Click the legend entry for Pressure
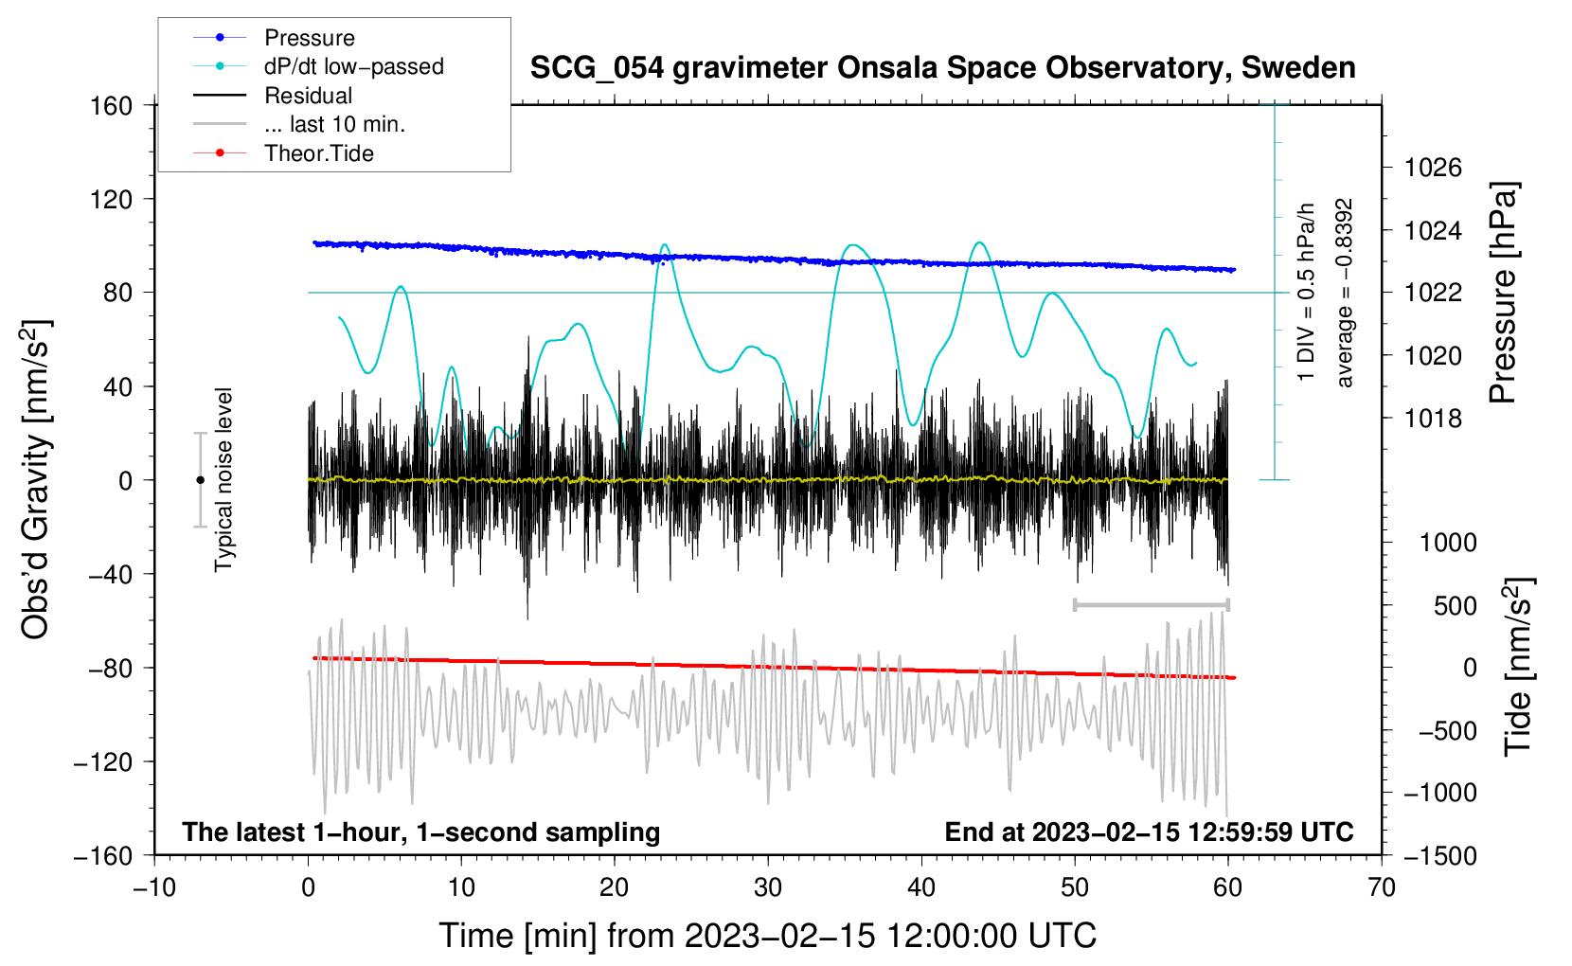coord(275,37)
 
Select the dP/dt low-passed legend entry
coord(318,66)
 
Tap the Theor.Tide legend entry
coord(283,153)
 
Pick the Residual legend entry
coord(273,96)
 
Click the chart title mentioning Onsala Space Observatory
coord(942,68)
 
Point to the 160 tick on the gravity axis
coord(112,106)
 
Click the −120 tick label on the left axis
coord(103,761)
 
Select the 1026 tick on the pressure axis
coord(1433,168)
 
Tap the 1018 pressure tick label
coord(1433,419)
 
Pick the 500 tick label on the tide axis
coord(1455,606)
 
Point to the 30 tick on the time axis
coord(768,887)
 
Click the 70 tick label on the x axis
coord(1381,887)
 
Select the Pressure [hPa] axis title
coord(1503,293)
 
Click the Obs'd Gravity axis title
coord(35,479)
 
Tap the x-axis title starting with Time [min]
coord(768,936)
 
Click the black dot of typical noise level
coord(200,480)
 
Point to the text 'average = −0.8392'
coord(1344,293)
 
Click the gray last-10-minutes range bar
coord(1151,604)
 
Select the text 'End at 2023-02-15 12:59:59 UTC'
coord(1149,832)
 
